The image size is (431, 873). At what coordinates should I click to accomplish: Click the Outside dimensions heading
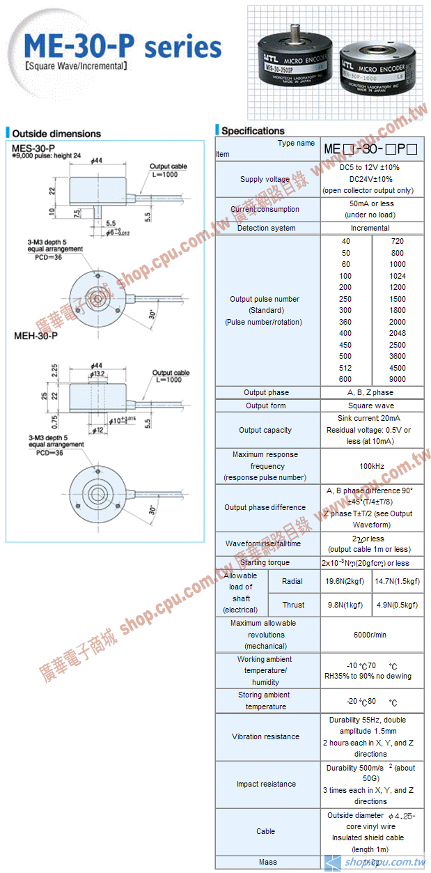(56, 133)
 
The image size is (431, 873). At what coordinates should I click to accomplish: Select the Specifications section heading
(253, 130)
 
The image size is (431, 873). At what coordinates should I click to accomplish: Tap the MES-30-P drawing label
(33, 148)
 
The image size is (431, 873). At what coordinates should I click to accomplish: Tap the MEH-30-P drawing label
(36, 335)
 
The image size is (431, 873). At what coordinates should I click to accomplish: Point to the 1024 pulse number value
(397, 276)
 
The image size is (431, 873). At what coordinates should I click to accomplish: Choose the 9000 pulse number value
(397, 379)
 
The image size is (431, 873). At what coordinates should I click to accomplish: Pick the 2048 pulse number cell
(397, 333)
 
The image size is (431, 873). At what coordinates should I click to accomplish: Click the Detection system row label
(266, 228)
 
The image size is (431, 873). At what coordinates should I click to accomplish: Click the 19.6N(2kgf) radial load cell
(345, 580)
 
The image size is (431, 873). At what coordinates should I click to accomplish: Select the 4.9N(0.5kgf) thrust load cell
(397, 605)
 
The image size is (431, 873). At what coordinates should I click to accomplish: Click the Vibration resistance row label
(266, 736)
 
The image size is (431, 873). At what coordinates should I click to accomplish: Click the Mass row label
(267, 862)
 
